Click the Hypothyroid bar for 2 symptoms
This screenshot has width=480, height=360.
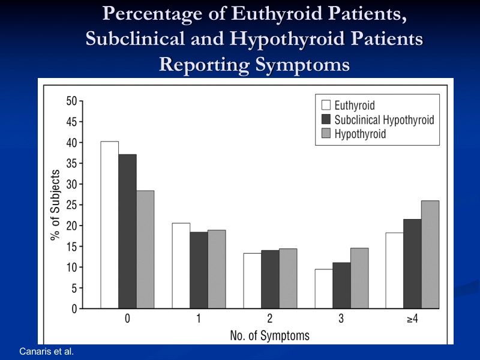(x=288, y=278)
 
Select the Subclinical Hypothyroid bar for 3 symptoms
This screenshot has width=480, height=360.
(x=341, y=286)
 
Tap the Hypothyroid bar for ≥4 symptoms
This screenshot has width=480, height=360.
(x=430, y=254)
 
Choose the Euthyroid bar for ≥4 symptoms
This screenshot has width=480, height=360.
(x=394, y=271)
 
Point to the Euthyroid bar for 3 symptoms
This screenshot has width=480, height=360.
(x=323, y=289)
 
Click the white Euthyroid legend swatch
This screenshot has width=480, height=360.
(x=326, y=106)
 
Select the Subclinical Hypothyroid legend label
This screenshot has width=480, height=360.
(x=384, y=119)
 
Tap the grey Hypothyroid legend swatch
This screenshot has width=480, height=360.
(x=326, y=133)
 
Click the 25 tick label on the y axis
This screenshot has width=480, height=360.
(x=71, y=205)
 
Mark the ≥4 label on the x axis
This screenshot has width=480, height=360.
(x=412, y=319)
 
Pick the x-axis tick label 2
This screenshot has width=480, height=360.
(x=270, y=319)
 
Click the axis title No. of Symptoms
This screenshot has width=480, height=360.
(x=270, y=335)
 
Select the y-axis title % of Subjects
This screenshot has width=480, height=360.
(x=55, y=205)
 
